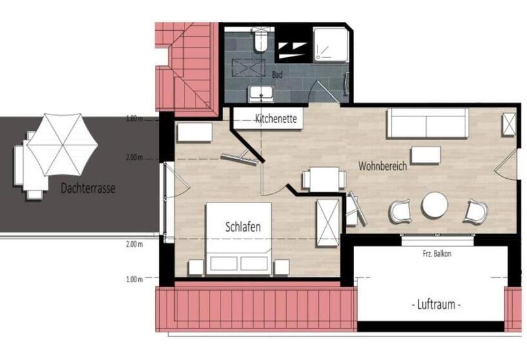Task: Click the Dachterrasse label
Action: [88, 188]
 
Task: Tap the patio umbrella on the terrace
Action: [62, 145]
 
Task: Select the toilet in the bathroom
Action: [260, 40]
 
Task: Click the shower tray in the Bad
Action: [330, 45]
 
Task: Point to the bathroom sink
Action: [262, 94]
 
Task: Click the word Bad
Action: [277, 75]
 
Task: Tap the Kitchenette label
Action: [276, 119]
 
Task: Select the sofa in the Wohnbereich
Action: [427, 123]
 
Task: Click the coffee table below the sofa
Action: [426, 155]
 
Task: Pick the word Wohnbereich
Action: [382, 166]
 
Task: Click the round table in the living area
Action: [435, 205]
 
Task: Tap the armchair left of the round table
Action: [400, 212]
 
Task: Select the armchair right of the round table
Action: [476, 211]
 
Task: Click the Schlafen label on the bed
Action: [243, 226]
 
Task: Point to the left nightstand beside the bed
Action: [196, 267]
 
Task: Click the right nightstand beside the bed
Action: [281, 267]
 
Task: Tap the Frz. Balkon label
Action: [437, 254]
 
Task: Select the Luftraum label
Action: [436, 305]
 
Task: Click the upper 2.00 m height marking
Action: [134, 157]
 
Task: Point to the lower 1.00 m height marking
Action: [134, 279]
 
